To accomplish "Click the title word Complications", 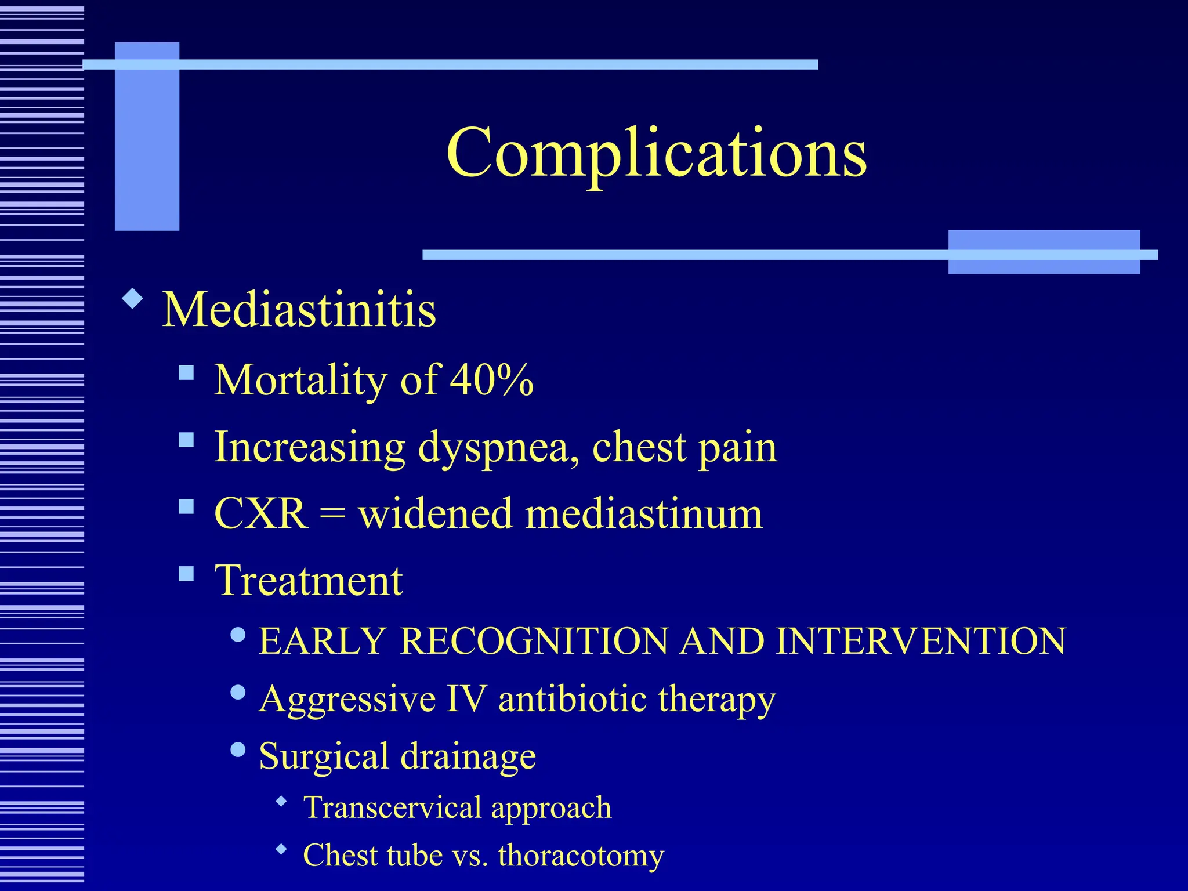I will (x=656, y=153).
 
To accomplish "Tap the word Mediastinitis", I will (x=299, y=310).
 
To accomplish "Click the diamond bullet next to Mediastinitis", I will (x=133, y=299).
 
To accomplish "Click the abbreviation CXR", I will (x=261, y=514).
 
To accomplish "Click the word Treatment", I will (x=309, y=581).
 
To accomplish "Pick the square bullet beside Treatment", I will (x=186, y=574).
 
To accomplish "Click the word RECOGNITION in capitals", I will (x=534, y=642).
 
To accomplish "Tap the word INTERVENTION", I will (x=921, y=642).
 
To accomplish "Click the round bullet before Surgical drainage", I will (x=238, y=749).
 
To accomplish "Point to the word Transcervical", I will (x=392, y=807).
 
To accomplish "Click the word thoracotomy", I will (x=581, y=856).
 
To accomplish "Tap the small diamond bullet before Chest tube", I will (x=282, y=849).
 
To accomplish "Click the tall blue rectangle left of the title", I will (x=147, y=136).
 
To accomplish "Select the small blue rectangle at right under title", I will (x=1043, y=252).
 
